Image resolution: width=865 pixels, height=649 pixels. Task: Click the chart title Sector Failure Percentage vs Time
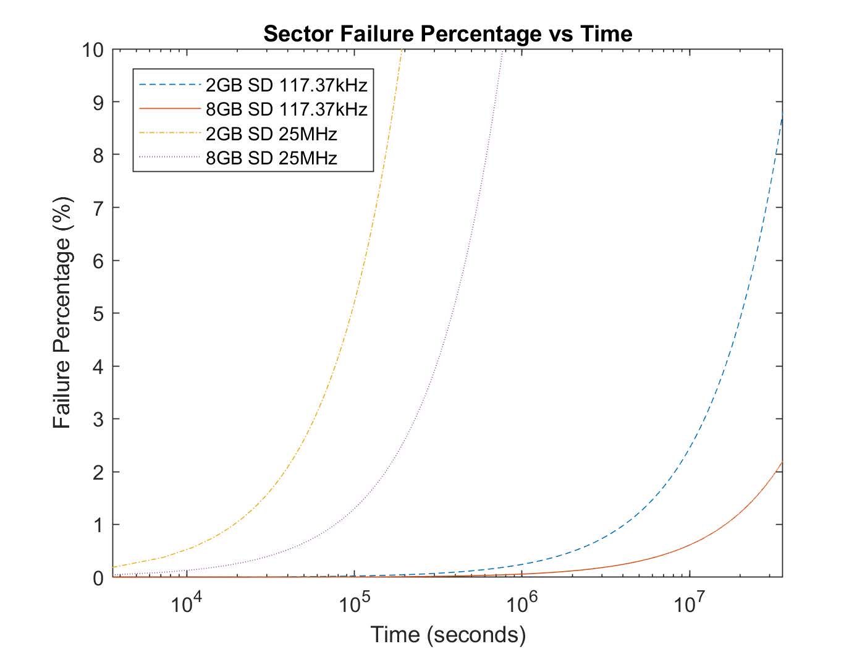(448, 33)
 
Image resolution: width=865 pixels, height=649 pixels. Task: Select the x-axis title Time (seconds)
(448, 634)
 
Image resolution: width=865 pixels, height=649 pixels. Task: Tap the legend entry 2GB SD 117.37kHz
(286, 85)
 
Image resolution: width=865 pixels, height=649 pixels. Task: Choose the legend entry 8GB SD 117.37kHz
(286, 109)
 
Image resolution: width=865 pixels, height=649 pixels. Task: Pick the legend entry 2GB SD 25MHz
(271, 134)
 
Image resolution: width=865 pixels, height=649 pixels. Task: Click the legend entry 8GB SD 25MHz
(271, 158)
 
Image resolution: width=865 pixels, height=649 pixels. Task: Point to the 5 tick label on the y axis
(98, 313)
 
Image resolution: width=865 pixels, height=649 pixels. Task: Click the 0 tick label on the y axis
(98, 578)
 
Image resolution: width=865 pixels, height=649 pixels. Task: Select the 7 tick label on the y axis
(98, 208)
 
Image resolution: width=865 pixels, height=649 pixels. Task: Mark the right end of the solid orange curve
(782, 462)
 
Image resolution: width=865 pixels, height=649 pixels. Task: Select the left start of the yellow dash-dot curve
(113, 567)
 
